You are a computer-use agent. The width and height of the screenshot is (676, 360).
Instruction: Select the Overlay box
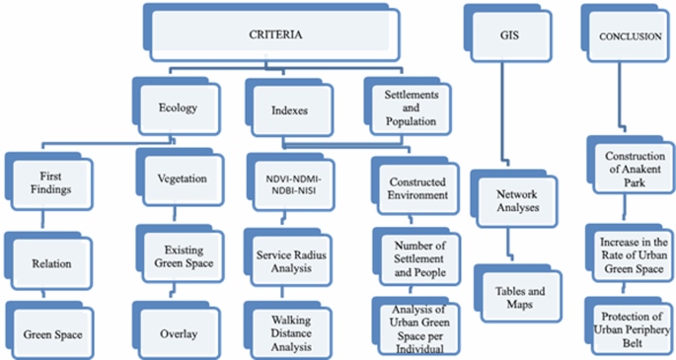(x=179, y=332)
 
